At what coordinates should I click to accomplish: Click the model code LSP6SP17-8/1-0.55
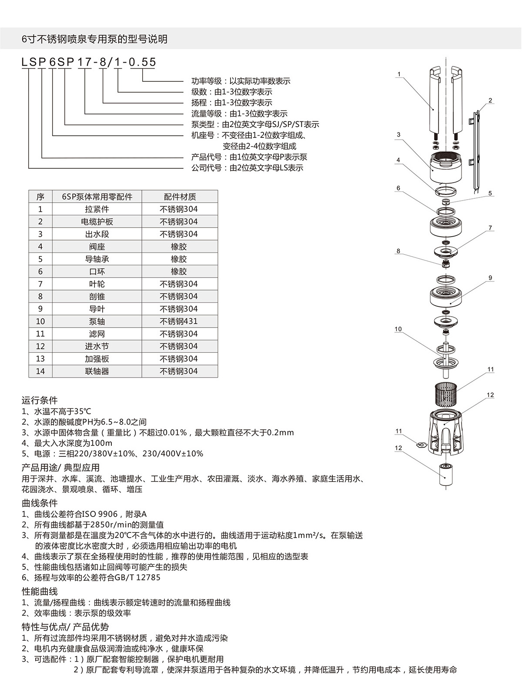89,62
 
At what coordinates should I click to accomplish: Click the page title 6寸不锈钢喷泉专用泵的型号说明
94,39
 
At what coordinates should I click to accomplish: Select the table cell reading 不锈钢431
178,321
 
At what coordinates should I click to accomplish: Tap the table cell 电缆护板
97,221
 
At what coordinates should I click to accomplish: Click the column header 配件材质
180,197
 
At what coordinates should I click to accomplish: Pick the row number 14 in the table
40,371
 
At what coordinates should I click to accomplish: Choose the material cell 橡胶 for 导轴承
178,259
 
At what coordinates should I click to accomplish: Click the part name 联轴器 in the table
97,371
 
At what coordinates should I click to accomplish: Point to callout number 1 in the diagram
399,74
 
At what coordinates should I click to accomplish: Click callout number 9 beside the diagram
490,278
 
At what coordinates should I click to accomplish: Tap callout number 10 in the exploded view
398,329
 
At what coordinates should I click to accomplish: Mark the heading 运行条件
40,400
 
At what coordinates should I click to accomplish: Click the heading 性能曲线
40,592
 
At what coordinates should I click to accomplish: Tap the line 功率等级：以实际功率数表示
241,81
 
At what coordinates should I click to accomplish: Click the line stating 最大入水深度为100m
67,443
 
